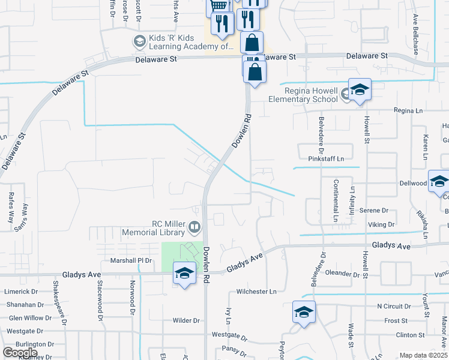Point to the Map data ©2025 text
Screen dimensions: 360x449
coord(423,355)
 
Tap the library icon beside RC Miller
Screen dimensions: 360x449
coord(194,227)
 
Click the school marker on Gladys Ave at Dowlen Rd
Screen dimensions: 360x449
coord(184,274)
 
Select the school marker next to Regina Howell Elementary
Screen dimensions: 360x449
coord(360,91)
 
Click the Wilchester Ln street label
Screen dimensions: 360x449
coord(256,292)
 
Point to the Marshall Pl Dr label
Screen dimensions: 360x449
coord(131,261)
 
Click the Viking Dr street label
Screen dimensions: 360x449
coord(382,225)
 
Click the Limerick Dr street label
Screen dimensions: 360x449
coord(21,292)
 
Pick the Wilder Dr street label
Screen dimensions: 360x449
coord(186,320)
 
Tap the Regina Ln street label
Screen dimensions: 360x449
coord(409,110)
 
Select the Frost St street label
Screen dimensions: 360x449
coord(396,321)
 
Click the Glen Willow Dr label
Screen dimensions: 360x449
coord(31,318)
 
